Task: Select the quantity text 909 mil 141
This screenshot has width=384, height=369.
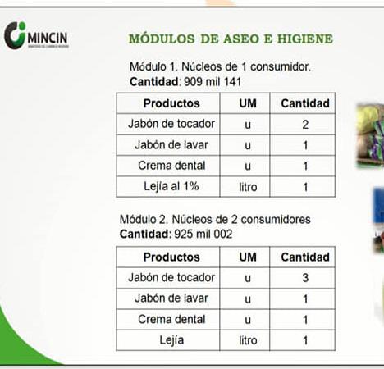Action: pos(207,82)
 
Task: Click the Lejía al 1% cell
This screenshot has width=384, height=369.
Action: pos(171,186)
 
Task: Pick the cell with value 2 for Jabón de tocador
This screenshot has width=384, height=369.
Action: pos(304,125)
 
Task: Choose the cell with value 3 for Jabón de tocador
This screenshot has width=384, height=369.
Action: pos(304,278)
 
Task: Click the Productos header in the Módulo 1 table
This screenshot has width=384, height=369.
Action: pos(171,103)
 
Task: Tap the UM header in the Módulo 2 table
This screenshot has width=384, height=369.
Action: pos(247,257)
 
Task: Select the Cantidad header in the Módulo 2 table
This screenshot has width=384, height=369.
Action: pos(304,257)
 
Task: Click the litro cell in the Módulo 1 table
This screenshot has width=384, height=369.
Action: pos(247,186)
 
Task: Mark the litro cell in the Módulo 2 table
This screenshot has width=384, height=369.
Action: pos(247,339)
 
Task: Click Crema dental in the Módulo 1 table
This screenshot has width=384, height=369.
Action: pos(171,166)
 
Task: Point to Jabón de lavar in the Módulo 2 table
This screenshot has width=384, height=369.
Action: pos(171,298)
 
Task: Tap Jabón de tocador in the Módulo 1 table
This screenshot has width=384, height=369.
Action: pos(171,125)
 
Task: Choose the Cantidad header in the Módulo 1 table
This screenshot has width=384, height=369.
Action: pos(304,103)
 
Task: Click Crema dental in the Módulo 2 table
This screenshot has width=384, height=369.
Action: pos(171,319)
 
